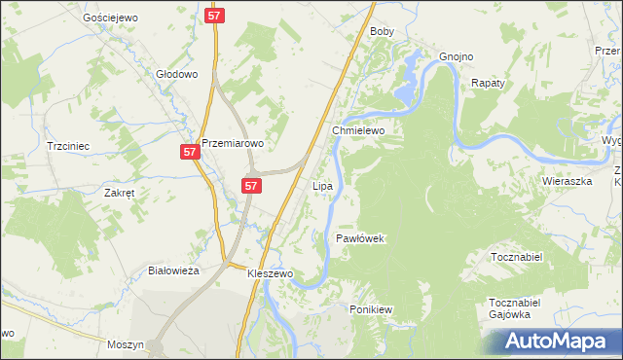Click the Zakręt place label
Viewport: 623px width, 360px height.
[119, 193]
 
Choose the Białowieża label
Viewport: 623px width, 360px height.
[173, 270]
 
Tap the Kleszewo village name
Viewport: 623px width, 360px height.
[270, 274]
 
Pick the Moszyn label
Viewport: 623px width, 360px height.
[127, 344]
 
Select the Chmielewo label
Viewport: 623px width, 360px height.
[359, 129]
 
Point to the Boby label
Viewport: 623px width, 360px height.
[382, 31]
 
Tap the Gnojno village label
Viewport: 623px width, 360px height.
[456, 56]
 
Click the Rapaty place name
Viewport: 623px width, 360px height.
[488, 84]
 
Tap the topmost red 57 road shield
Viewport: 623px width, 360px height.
[215, 17]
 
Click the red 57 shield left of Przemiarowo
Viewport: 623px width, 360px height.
[190, 153]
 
